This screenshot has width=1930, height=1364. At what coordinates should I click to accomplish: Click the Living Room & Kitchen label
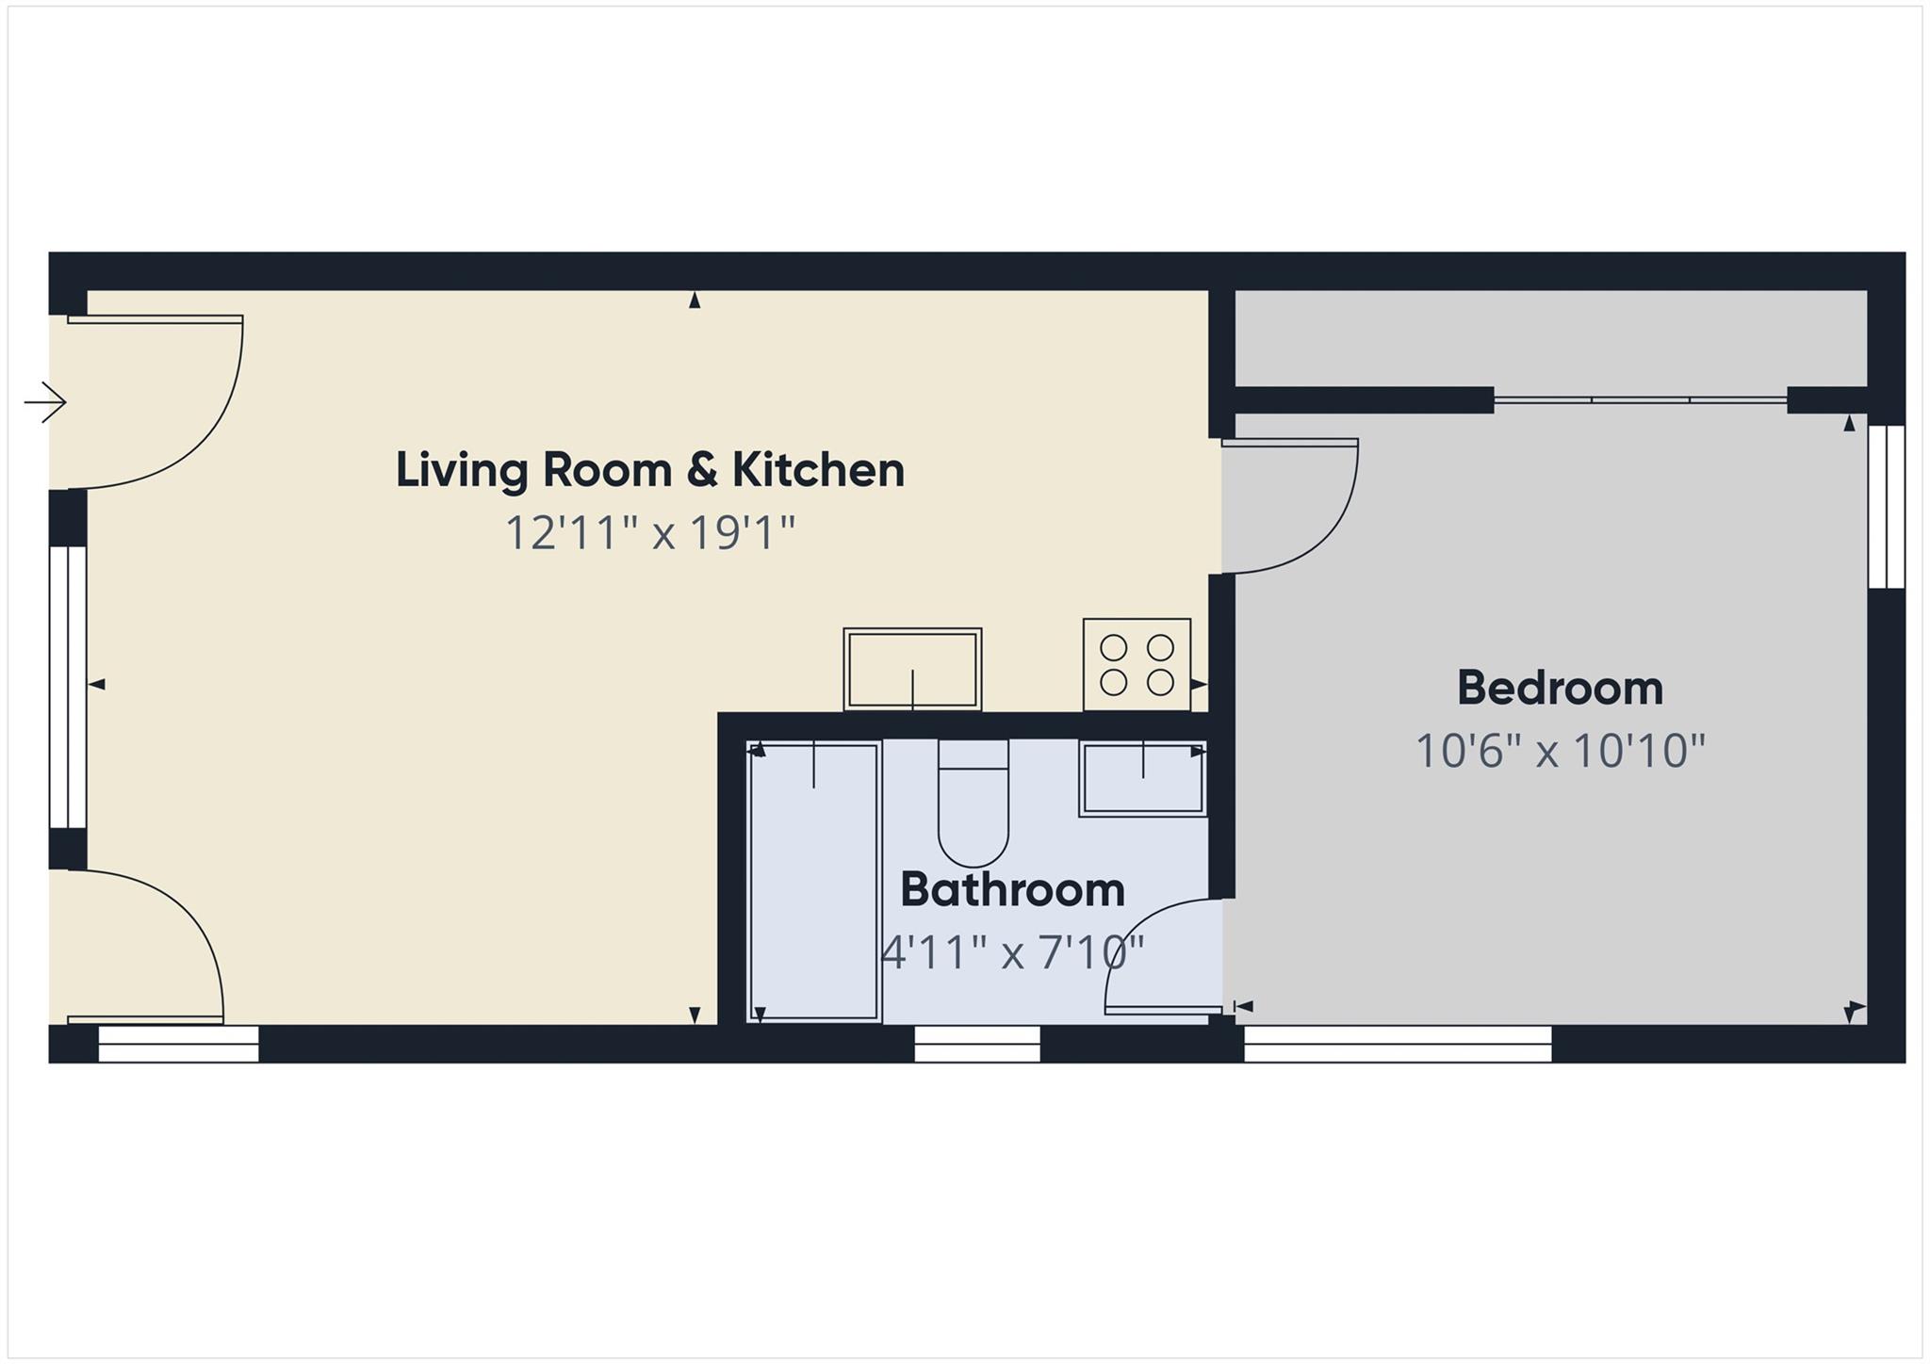coord(649,470)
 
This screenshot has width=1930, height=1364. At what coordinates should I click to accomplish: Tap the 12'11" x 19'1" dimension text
coord(649,533)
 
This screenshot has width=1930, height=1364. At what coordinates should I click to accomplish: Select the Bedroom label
coord(1560,688)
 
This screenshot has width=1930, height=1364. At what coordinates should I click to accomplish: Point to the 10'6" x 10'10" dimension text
coord(1560,752)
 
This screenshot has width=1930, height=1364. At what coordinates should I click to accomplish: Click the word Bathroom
coord(1012,890)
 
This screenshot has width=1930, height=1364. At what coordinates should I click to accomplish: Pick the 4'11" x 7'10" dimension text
coord(1012,953)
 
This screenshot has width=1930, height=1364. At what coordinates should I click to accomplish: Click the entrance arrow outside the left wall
coord(45,403)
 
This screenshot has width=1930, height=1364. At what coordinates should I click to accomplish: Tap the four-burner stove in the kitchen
coord(1137,665)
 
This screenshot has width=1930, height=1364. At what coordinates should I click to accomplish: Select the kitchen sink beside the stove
coord(912,670)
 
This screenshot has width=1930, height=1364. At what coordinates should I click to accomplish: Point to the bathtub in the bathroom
coord(814,882)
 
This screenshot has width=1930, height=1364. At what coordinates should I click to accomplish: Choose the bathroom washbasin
coord(1142,778)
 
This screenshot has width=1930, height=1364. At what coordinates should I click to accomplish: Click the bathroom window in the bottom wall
coord(977,1044)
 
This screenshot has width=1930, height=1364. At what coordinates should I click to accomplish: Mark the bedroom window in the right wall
coord(1887,507)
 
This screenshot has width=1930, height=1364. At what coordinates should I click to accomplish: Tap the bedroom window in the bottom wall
coord(1398,1044)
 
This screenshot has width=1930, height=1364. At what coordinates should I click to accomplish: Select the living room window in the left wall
coord(67,686)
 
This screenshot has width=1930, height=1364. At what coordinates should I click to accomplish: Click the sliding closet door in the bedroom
coord(1640,400)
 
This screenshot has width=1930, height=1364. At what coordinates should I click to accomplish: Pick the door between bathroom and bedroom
coord(1165,956)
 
